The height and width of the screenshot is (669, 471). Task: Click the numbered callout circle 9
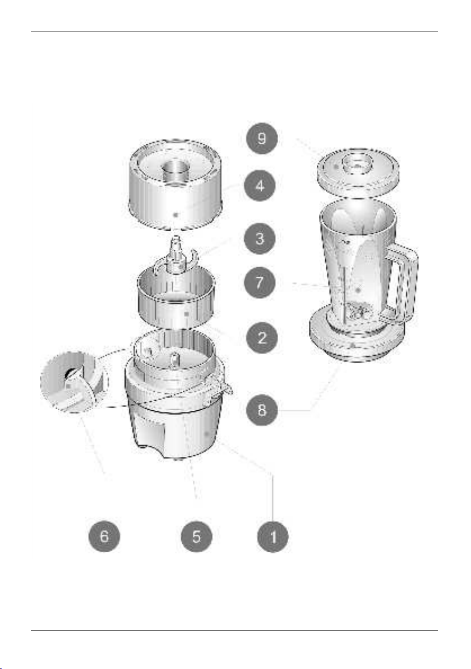click(x=262, y=138)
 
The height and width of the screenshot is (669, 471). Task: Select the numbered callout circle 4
click(x=260, y=186)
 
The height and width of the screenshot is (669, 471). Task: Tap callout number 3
click(x=260, y=238)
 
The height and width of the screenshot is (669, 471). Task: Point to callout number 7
click(x=260, y=282)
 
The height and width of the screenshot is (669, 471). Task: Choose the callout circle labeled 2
click(x=262, y=338)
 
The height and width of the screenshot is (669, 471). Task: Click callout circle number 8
click(x=262, y=410)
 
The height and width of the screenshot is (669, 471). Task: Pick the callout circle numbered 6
click(x=104, y=536)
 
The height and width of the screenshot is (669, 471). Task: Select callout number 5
click(x=196, y=536)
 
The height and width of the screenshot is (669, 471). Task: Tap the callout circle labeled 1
click(x=273, y=536)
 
